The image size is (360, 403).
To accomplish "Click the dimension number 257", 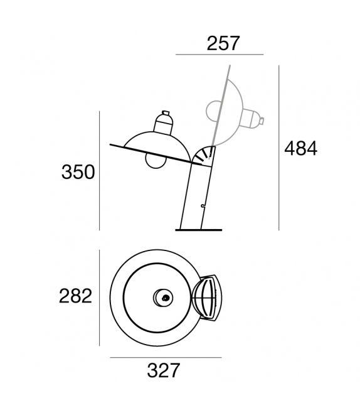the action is [223, 43].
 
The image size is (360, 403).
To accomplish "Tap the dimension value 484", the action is [300, 149].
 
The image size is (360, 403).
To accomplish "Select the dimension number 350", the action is [78, 172].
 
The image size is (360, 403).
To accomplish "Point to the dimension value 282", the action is [75, 296].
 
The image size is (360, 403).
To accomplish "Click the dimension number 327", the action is [164, 370].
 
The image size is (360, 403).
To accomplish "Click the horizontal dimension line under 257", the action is [220, 55].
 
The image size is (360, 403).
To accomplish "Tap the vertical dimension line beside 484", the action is [279, 148].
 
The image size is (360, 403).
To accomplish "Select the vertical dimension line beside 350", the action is [99, 171].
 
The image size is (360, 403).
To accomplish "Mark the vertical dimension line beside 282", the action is [99, 298].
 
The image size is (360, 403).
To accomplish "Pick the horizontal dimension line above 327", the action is [166, 358].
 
